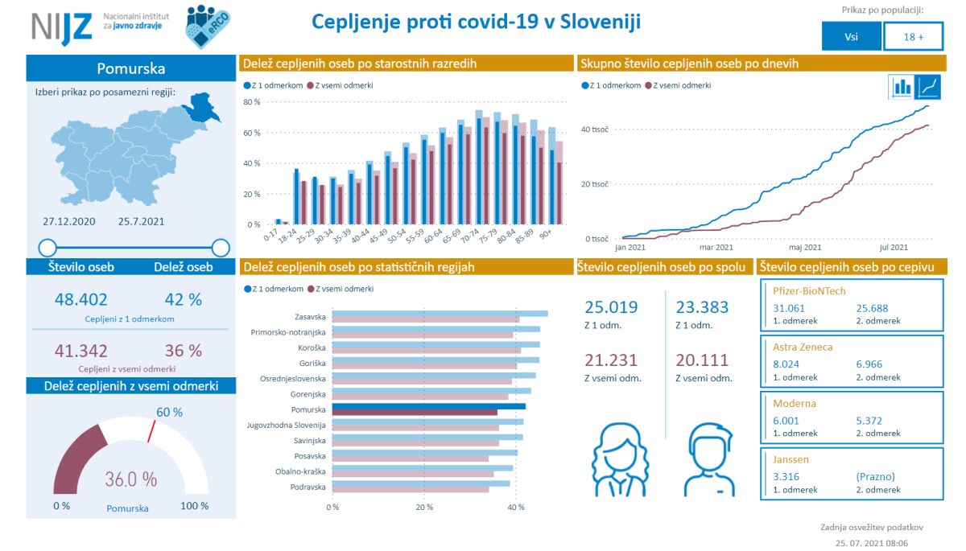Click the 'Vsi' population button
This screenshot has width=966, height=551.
(x=851, y=36)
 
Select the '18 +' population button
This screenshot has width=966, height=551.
(x=913, y=36)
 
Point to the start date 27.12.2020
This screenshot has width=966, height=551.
(x=69, y=221)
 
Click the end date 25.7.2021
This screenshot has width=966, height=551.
(x=142, y=221)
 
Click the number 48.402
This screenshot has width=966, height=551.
(x=80, y=299)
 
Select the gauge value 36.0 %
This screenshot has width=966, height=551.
(x=130, y=479)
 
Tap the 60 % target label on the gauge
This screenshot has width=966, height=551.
(x=169, y=413)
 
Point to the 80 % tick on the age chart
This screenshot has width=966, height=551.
(x=251, y=102)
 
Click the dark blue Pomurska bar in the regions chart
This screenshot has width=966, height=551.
(x=428, y=406)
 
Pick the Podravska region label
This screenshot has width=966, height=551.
(x=308, y=487)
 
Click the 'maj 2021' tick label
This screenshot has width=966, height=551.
(x=804, y=248)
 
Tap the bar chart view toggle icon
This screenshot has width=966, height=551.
(x=902, y=86)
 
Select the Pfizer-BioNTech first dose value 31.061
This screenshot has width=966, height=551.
(x=789, y=308)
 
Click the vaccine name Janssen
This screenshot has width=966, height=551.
(x=791, y=460)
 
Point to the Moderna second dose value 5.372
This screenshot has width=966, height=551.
(x=872, y=421)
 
